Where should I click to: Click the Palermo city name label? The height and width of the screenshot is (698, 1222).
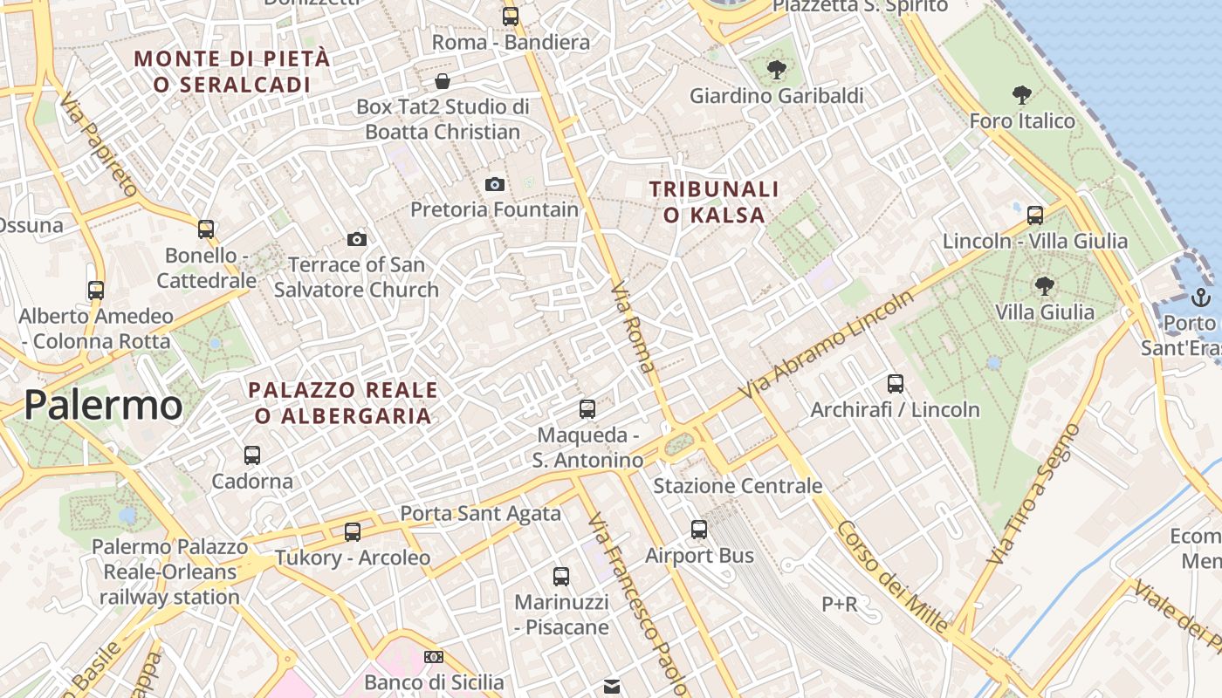coord(103,406)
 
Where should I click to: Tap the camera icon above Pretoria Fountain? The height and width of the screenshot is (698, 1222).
coord(495,184)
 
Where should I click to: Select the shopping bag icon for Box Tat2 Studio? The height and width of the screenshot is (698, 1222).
coord(443,81)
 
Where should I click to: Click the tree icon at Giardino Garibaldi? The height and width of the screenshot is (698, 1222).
coord(776,70)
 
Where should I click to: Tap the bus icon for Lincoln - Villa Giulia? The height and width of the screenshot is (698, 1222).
coord(1035,215)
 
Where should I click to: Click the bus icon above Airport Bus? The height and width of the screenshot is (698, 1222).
coord(699,529)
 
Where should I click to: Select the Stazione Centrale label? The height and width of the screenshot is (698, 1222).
coord(738,486)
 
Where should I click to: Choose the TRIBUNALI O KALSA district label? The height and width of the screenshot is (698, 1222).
coord(714,202)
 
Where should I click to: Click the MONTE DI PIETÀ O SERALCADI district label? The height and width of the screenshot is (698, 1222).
coord(232,72)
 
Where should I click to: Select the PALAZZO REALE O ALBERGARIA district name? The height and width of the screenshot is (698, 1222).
coord(343,403)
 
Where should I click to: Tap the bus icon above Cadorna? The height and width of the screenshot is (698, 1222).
coord(252,455)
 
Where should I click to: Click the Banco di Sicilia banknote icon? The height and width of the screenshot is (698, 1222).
coord(434,656)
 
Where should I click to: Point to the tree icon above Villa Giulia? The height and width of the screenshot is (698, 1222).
coord(1044,285)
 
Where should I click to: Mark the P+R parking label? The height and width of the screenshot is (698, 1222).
coord(840,604)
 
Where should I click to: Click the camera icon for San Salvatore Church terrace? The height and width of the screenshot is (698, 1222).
coord(357,239)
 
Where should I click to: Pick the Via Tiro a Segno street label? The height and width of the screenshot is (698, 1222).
coord(1033,493)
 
